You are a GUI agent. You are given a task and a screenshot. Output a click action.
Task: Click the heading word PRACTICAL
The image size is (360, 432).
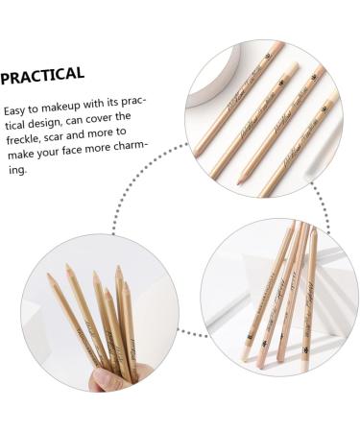[43, 75]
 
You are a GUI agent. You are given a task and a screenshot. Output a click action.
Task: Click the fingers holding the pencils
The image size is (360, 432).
[108, 376]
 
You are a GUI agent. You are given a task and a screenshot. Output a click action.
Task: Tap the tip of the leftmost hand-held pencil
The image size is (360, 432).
[50, 278]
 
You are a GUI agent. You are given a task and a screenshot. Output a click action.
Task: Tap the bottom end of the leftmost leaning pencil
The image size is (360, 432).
[247, 355]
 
